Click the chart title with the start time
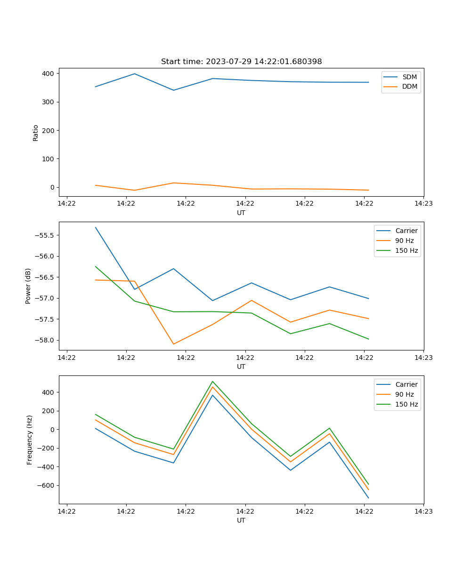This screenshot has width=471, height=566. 241,62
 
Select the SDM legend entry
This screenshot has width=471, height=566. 409,77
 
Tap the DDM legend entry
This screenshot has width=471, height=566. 409,87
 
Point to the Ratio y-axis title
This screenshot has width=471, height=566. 36,133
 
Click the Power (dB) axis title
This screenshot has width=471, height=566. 28,286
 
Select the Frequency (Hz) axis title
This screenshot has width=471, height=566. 29,440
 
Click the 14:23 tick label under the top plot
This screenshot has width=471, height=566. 423,204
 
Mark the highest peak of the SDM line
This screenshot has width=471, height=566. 135,74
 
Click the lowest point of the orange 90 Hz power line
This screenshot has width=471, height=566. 173,344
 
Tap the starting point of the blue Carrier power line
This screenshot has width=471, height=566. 96,227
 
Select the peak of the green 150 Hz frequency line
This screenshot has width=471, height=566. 212,381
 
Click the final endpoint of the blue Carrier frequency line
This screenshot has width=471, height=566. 368,498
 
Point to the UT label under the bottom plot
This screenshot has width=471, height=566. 241,520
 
